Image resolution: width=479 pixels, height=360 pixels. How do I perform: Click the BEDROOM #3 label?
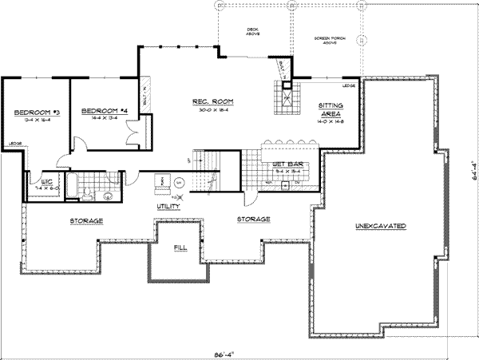pyautogui.click(x=32, y=111)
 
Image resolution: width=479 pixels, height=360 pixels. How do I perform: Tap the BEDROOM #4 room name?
pyautogui.click(x=105, y=109)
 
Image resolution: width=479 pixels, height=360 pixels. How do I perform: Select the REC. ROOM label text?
pyautogui.click(x=210, y=101)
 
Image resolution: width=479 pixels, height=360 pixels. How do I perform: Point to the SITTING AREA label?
pyautogui.click(x=331, y=109)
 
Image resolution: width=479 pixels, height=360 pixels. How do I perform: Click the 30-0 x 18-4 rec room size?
pyautogui.click(x=210, y=110)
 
